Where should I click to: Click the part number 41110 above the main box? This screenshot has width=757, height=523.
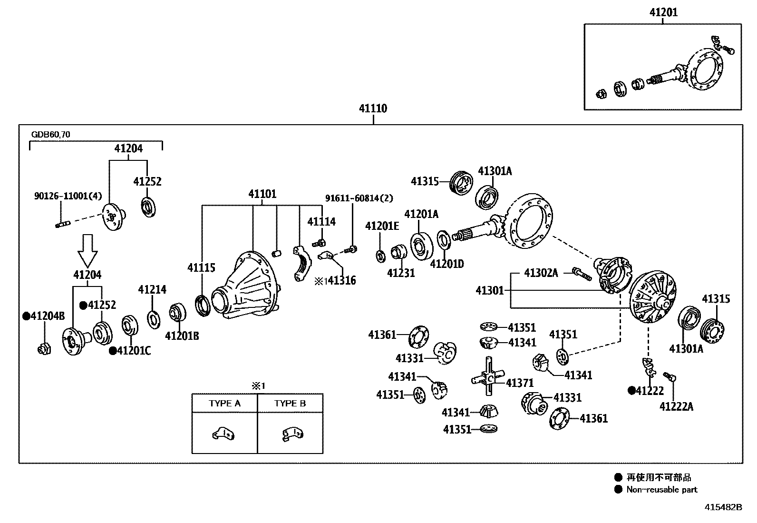click(x=373, y=109)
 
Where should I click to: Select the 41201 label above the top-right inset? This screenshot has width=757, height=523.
click(x=664, y=13)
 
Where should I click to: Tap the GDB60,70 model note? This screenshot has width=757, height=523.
click(x=50, y=135)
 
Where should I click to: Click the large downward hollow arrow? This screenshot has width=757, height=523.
click(x=88, y=250)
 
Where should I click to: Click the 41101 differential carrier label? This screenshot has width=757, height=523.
click(x=262, y=194)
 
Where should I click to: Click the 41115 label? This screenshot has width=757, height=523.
click(x=201, y=268)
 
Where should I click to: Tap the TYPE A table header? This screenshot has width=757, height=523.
click(x=224, y=403)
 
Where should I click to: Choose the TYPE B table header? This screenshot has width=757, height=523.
click(x=290, y=403)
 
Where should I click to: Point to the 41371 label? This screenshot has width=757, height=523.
click(x=520, y=383)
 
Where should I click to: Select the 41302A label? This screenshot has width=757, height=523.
click(x=541, y=273)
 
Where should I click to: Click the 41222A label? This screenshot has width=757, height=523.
click(x=676, y=406)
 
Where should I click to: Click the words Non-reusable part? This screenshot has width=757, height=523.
click(x=661, y=490)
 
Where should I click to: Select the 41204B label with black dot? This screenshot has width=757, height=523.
click(x=44, y=316)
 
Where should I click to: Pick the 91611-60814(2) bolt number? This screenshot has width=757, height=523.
click(x=359, y=198)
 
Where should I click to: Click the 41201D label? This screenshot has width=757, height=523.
click(x=446, y=264)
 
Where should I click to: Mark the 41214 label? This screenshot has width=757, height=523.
click(x=152, y=289)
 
